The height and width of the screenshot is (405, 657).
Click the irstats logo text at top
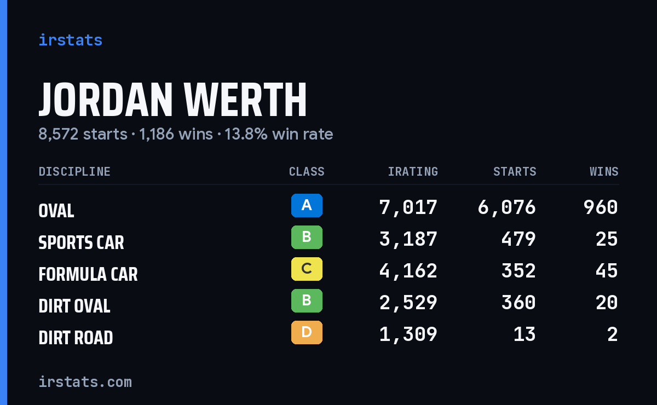point(71,40)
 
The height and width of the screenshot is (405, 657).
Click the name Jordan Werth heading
point(172,100)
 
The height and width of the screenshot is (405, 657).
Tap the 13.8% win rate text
point(279,134)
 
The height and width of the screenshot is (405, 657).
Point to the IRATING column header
point(413,171)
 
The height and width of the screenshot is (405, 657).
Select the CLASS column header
point(307,171)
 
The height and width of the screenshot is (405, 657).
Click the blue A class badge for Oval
point(307,205)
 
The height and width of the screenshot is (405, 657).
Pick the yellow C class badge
point(307,269)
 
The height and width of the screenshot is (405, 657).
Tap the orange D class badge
point(307,332)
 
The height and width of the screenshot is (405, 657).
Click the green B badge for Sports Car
point(307,237)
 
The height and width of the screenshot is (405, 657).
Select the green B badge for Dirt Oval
point(307,300)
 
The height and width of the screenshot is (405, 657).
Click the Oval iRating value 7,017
point(408,207)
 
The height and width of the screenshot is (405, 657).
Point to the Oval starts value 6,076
point(507,207)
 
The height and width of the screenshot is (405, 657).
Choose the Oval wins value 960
point(601,207)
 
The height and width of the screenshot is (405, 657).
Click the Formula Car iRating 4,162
point(408,271)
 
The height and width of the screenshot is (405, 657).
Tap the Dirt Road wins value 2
point(613,334)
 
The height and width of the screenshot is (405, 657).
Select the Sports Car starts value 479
point(518,239)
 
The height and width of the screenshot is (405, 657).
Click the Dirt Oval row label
point(74,306)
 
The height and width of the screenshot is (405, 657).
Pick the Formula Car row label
point(88,274)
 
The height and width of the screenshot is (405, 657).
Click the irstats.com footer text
point(85,382)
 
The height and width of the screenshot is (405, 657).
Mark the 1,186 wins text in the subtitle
point(176,134)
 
